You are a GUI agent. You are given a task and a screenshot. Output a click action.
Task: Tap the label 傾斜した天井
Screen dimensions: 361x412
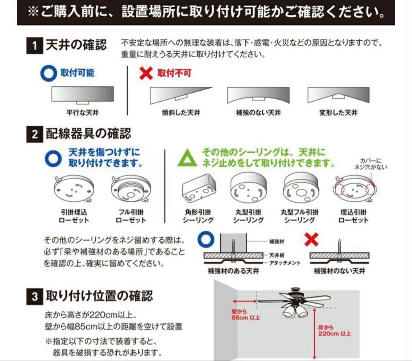pos(181,113)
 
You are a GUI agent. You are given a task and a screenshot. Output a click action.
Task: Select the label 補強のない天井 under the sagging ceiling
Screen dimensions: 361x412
pos(259,113)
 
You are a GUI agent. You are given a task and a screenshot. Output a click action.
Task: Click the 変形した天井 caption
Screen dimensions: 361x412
pos(338,113)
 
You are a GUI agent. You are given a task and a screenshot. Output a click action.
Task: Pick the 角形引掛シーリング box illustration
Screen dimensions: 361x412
pos(198,189)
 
